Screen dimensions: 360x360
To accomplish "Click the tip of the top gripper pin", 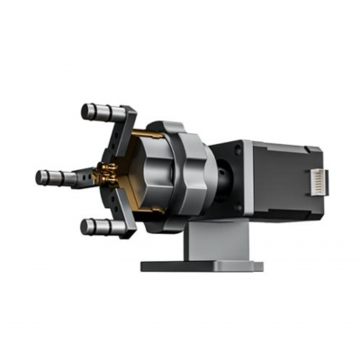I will (x=85, y=112).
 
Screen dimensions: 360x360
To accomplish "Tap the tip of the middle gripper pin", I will (x=40, y=176).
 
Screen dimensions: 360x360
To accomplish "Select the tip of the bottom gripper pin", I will (x=85, y=226).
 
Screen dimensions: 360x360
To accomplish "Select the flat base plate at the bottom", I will (x=202, y=265).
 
